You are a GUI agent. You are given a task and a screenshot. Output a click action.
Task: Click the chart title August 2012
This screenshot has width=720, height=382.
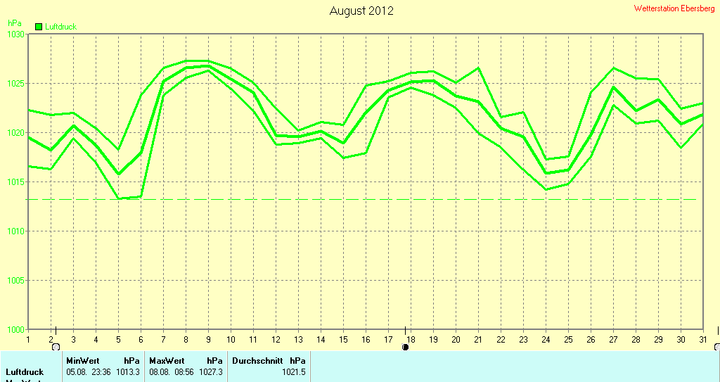tap(361, 11)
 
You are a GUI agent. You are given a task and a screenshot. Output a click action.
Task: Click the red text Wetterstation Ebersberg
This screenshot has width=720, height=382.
tap(674, 8)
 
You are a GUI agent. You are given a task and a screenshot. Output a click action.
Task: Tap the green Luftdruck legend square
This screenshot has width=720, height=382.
tap(39, 27)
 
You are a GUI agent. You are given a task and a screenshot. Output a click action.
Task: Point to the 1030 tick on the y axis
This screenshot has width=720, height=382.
tap(15, 34)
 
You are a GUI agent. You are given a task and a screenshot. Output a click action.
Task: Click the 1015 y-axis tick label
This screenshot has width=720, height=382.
tap(15, 182)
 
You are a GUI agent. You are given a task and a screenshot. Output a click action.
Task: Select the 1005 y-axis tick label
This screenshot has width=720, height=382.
tap(15, 281)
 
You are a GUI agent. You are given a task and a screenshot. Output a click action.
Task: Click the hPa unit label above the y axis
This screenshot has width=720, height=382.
tap(14, 23)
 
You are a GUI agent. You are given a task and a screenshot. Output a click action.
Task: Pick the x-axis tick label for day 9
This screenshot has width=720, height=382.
tap(208, 339)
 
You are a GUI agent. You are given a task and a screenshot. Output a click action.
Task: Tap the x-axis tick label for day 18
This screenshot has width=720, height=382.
tap(411, 339)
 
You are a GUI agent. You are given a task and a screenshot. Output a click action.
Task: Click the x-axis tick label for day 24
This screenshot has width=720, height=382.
tap(546, 339)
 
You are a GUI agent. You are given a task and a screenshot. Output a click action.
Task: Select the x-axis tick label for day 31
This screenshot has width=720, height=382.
tap(702, 339)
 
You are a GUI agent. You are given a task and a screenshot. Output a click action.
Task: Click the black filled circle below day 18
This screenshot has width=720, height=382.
tap(405, 347)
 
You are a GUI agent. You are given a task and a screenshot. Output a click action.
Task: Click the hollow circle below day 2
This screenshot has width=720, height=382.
tap(56, 347)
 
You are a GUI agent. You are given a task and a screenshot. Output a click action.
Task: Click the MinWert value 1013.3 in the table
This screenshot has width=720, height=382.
tap(128, 372)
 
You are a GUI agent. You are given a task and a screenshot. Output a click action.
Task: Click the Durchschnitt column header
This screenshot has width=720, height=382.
tap(257, 360)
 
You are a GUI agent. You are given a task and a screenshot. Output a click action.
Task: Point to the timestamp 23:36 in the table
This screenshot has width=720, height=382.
tap(100, 372)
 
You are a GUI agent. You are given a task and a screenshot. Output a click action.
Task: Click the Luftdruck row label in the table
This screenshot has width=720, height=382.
tap(25, 372)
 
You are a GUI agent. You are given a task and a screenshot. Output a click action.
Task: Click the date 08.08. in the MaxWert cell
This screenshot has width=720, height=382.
tap(160, 372)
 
